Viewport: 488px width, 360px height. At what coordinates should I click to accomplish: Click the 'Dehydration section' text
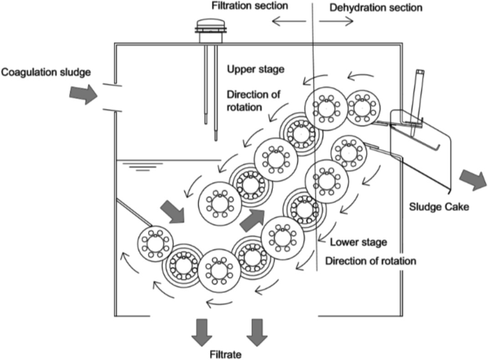click(376, 7)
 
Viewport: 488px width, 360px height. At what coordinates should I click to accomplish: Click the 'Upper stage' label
click(254, 69)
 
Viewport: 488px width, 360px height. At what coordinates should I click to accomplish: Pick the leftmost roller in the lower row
click(156, 242)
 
